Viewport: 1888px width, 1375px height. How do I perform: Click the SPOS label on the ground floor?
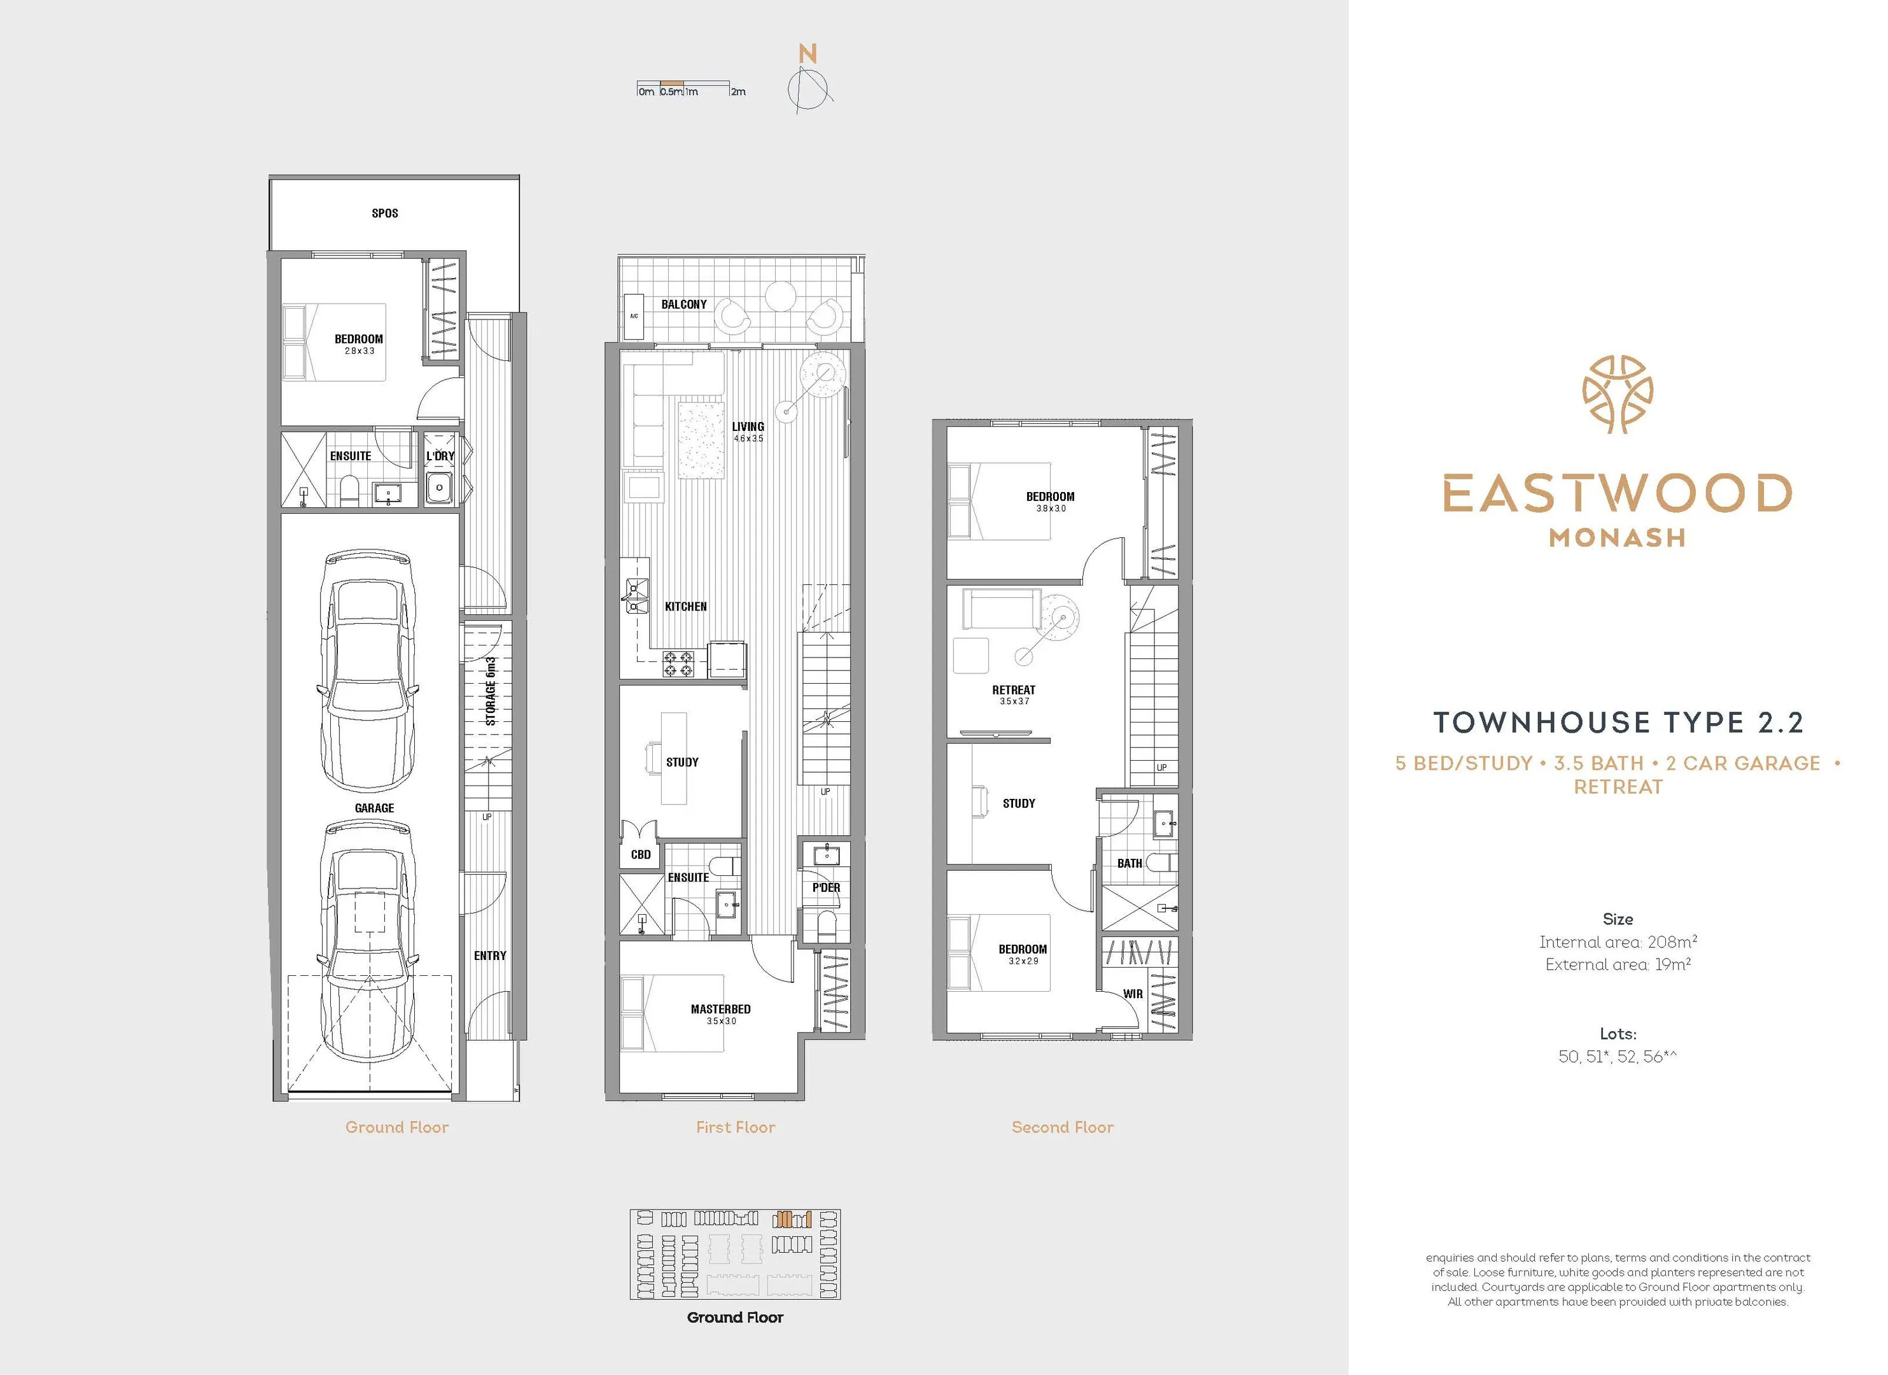(x=384, y=213)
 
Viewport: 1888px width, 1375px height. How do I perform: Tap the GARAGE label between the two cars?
(x=375, y=808)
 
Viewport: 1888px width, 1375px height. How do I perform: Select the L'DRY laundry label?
(x=440, y=456)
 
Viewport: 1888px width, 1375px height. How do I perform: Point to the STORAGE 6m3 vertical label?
(x=491, y=691)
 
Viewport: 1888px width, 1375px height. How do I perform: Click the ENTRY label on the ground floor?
(x=491, y=955)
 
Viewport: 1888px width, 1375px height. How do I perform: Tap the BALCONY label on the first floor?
(x=684, y=304)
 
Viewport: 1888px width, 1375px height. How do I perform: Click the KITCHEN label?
(x=686, y=606)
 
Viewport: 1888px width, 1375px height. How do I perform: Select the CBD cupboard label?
(x=641, y=854)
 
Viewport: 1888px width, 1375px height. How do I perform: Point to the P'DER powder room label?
(x=827, y=888)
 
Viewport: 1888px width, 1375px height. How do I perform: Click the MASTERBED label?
(x=721, y=1010)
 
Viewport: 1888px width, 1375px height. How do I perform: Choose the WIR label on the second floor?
(x=1133, y=994)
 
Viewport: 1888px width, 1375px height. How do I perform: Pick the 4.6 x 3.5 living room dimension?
(x=748, y=438)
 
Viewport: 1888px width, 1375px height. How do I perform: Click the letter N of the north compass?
(x=808, y=54)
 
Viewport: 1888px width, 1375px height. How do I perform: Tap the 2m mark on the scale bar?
(x=738, y=92)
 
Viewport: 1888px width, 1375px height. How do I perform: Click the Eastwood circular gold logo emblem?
(x=1618, y=394)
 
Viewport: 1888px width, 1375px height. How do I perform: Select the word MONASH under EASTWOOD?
(x=1618, y=538)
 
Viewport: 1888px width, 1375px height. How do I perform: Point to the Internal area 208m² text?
(x=1618, y=942)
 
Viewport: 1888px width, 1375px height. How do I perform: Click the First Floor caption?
(x=736, y=1127)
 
